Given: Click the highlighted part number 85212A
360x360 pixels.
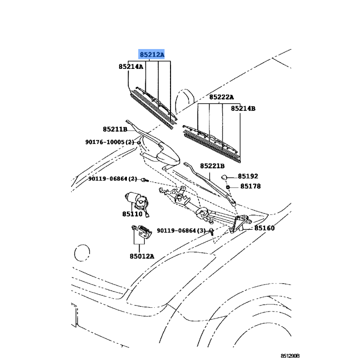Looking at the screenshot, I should coord(152,55).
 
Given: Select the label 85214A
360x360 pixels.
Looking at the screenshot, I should coord(131,67).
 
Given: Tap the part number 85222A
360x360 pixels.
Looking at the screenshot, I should coord(221,97).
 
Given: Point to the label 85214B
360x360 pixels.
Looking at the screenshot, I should coord(243,108).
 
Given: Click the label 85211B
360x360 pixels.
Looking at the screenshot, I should coord(115,130).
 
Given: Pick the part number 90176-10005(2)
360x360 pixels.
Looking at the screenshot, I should coord(110,142).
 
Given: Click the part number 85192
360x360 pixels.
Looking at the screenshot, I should coord(248,176).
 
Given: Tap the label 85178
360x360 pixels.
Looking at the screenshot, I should coord(250,186).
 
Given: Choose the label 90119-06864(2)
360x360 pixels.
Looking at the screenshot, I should coord(112,179).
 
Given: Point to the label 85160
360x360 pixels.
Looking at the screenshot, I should coord(264,228).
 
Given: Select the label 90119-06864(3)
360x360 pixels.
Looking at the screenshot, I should coord(181,230).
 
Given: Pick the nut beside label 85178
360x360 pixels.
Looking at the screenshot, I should coord(229,186).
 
